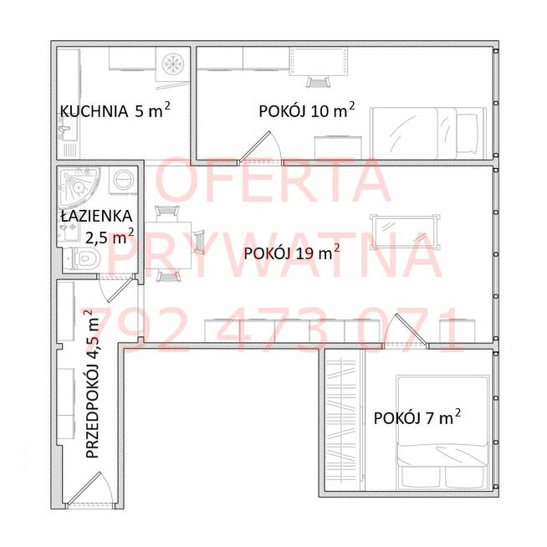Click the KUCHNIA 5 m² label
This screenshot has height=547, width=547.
115,110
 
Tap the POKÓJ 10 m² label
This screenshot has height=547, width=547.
307,110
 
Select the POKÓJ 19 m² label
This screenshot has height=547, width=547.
292,253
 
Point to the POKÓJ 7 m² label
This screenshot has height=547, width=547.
417,417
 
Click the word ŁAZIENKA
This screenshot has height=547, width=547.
97,216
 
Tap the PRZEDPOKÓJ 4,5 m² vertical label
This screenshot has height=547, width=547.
92,383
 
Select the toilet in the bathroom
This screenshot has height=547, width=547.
82,258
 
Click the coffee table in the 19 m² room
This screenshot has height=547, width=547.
405,232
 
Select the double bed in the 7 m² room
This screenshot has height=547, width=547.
442,432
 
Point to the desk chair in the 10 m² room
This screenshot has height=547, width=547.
318,83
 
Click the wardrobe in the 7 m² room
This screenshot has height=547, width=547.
344,420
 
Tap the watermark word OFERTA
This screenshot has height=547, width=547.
273,180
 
